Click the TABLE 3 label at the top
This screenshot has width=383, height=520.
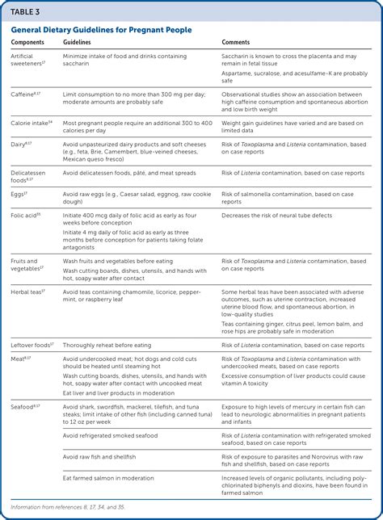tap(25, 11)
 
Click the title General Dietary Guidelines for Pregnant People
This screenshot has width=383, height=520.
tap(101, 30)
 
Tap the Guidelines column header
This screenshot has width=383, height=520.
tap(77, 43)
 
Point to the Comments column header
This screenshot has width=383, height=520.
tap(237, 43)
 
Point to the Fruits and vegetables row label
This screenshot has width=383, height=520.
tap(27, 265)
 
